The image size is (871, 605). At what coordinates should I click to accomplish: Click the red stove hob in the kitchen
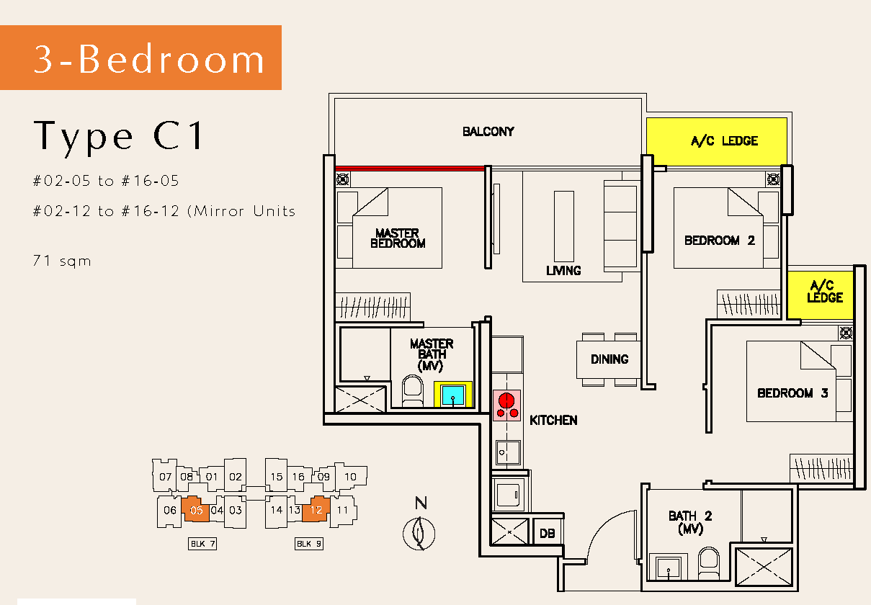pyautogui.click(x=506, y=405)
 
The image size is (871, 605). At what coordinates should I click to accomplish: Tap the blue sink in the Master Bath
pyautogui.click(x=453, y=395)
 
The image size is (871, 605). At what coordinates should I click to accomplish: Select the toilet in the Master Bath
pyautogui.click(x=413, y=391)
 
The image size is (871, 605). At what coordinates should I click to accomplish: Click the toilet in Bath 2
pyautogui.click(x=708, y=563)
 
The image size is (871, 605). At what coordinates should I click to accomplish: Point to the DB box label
pyautogui.click(x=547, y=534)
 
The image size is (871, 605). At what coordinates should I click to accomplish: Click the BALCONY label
pyautogui.click(x=488, y=131)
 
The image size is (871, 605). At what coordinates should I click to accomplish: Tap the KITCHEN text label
pyautogui.click(x=553, y=420)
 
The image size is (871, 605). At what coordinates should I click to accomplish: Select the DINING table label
pyautogui.click(x=609, y=359)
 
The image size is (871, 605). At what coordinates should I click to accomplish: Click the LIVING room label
pyautogui.click(x=563, y=270)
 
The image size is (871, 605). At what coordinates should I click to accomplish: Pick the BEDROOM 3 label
pyautogui.click(x=792, y=393)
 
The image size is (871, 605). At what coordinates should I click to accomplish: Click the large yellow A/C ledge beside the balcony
pyautogui.click(x=717, y=142)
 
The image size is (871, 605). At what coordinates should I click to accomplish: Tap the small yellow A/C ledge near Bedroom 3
pyautogui.click(x=820, y=295)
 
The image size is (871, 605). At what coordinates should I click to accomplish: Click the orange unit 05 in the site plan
pyautogui.click(x=195, y=509)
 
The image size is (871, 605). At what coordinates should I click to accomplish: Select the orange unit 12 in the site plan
pyautogui.click(x=316, y=509)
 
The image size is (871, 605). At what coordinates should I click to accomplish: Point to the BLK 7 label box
pyautogui.click(x=202, y=544)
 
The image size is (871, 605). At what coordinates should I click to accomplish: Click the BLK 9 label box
pyautogui.click(x=309, y=544)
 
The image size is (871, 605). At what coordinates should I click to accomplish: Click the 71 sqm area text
pyautogui.click(x=62, y=261)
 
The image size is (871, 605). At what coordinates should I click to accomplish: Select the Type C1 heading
pyautogui.click(x=118, y=136)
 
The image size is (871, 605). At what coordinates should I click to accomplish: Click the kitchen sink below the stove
pyautogui.click(x=507, y=452)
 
